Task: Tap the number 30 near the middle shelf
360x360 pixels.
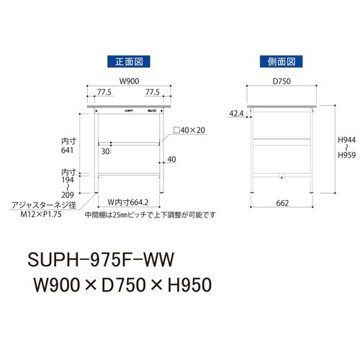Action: pyautogui.click(x=105, y=151)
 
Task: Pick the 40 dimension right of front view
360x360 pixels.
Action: pyautogui.click(x=171, y=159)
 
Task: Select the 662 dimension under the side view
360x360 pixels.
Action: pyautogui.click(x=283, y=203)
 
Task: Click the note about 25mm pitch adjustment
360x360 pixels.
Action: pyautogui.click(x=149, y=215)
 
